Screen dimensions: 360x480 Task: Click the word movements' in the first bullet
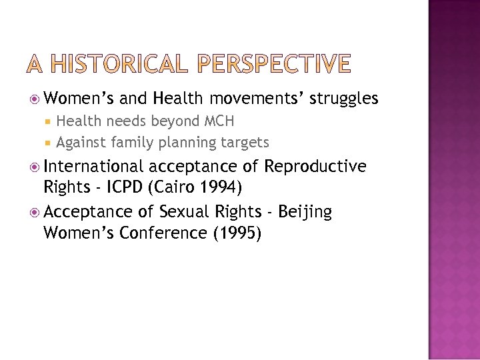pyautogui.click(x=257, y=99)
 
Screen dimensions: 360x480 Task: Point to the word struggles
pyautogui.click(x=345, y=99)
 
